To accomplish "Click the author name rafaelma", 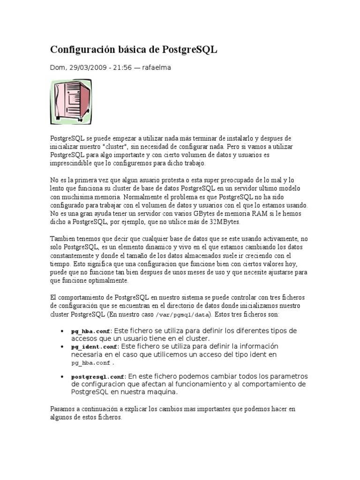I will [x=157, y=68].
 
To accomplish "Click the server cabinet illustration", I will [x=71, y=102].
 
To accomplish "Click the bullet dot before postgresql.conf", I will [x=62, y=376].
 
